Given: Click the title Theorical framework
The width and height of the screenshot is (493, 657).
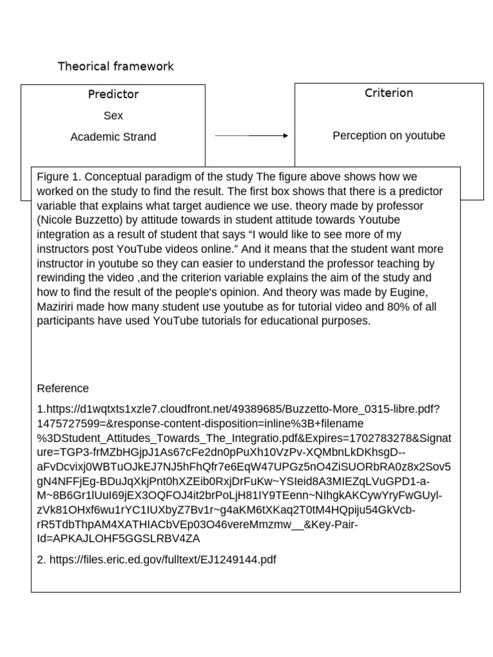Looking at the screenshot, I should (116, 67).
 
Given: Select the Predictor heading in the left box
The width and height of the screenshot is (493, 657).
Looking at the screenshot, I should (113, 94).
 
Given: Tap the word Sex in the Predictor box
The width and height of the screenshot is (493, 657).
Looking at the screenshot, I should (113, 116).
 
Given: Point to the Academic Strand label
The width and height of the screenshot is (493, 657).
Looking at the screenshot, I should (113, 137).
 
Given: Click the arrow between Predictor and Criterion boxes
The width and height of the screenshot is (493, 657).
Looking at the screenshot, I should (250, 136).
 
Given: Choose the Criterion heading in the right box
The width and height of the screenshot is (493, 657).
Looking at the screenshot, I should (388, 93).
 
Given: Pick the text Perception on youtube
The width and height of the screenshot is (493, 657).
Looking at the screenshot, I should (388, 136).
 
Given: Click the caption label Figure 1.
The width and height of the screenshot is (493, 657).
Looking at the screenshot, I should (58, 177).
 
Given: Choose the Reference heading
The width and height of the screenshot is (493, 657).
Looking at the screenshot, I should (63, 389).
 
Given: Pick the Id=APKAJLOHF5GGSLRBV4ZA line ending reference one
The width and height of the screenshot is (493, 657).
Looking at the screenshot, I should (119, 538).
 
